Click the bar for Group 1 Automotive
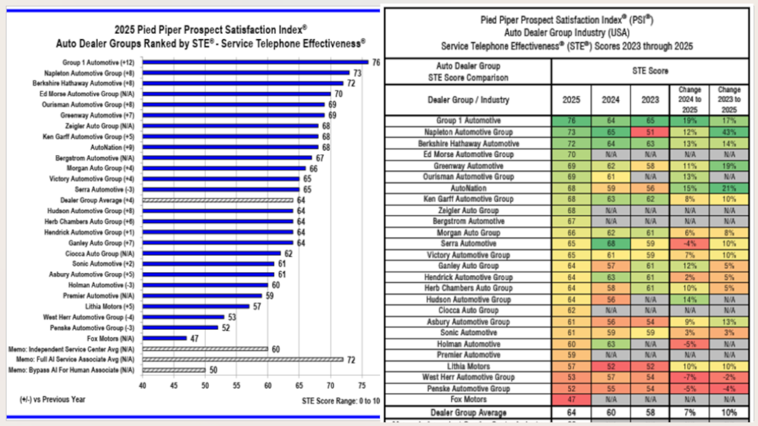point(255,62)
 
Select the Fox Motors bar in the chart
point(165,339)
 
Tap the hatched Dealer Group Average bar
point(218,200)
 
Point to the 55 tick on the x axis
point(236,386)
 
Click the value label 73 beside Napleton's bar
point(357,73)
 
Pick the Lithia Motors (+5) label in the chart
point(110,307)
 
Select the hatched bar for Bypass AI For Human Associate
point(174,370)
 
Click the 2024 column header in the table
point(610,100)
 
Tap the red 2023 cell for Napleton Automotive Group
point(650,132)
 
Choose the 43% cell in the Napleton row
point(729,132)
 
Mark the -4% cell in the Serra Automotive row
point(689,244)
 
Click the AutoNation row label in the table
point(468,188)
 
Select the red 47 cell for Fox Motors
point(571,400)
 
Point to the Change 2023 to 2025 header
point(729,100)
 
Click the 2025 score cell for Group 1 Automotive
point(571,121)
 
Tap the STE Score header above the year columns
point(650,71)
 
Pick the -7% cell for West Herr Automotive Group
point(689,378)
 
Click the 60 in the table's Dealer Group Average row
point(610,413)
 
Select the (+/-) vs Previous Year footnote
point(52,400)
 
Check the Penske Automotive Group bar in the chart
point(180,328)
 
